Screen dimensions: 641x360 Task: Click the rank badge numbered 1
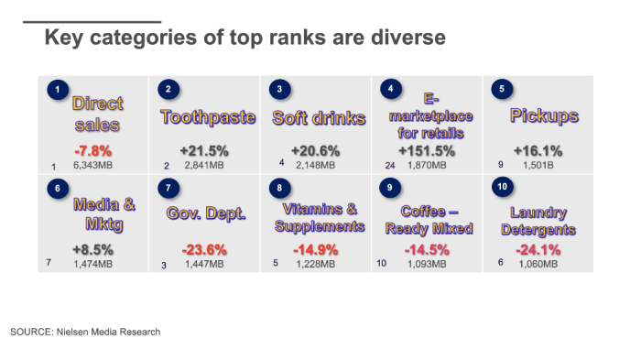57,90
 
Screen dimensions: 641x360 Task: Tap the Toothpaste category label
208,117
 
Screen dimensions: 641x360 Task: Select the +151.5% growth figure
427,151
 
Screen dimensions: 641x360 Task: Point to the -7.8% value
93,151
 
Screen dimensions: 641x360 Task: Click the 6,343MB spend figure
92,165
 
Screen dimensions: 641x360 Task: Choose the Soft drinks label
319,118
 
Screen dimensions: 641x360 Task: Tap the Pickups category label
544,115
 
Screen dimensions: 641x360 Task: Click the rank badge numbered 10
503,187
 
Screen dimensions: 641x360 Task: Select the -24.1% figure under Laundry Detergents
538,249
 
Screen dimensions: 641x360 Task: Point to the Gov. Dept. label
206,213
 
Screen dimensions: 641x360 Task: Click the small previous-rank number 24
389,165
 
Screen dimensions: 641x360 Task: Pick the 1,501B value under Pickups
538,165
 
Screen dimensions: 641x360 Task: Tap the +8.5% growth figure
93,249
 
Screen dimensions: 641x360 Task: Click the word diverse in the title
408,38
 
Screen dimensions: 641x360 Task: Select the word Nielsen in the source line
72,332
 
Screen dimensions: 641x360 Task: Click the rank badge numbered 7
168,188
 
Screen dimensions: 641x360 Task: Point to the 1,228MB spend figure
316,264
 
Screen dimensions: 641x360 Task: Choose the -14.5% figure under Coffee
427,249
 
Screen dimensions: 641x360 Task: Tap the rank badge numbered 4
391,89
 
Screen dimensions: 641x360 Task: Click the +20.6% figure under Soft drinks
316,151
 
